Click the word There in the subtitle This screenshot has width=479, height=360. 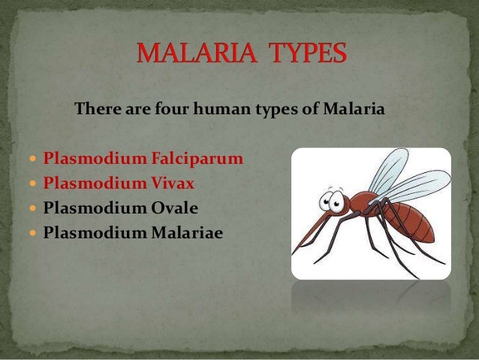click(x=95, y=110)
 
